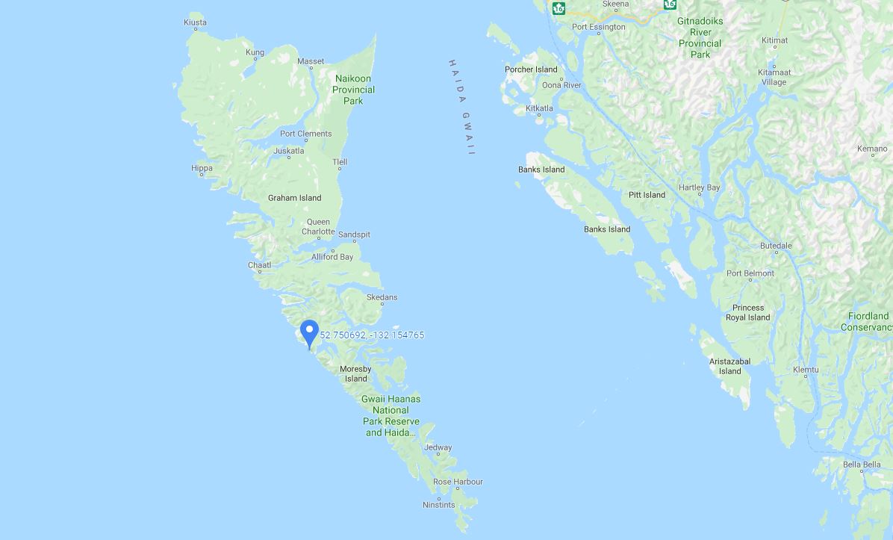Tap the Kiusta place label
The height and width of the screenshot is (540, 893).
[x=195, y=22]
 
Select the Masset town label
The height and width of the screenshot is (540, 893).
[x=311, y=61]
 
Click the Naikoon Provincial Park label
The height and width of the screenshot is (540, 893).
[x=353, y=90]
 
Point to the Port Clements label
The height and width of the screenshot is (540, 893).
[x=305, y=134]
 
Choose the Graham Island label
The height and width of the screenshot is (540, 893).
[x=294, y=198]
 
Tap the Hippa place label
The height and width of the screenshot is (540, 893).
[x=202, y=168]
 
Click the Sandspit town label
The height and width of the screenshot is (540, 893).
[x=354, y=235]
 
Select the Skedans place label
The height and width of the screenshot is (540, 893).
[x=382, y=297]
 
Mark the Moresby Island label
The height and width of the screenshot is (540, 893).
[x=355, y=373]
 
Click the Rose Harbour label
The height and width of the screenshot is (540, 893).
[x=458, y=482]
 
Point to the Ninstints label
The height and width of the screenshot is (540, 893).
[x=438, y=505]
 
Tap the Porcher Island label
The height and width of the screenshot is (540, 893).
[x=531, y=69]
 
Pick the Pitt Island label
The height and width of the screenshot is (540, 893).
[x=647, y=195]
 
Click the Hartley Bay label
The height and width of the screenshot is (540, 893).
[x=699, y=187]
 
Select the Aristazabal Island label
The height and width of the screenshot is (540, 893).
[x=729, y=366]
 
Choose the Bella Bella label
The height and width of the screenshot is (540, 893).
[x=862, y=465]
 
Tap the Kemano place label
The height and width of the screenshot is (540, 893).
[x=872, y=149]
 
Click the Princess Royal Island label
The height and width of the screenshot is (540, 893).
[x=747, y=312]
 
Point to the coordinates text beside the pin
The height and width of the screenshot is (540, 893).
[x=372, y=335]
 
